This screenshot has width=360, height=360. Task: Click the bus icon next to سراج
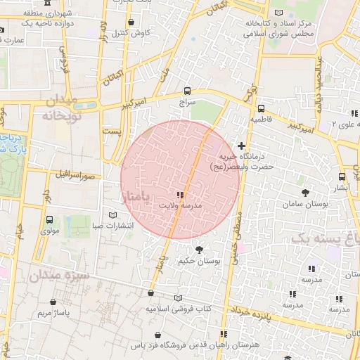coord(187,91)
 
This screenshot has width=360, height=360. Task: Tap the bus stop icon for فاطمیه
coord(261,109)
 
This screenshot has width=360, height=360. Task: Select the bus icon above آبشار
coord(341,176)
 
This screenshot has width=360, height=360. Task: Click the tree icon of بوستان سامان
coord(304,192)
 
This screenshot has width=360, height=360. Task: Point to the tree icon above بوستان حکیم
coord(199,250)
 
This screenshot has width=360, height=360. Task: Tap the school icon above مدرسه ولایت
coord(180,195)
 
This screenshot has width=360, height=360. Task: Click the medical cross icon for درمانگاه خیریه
coord(241,145)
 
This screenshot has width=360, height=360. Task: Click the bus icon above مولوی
coord(49,219)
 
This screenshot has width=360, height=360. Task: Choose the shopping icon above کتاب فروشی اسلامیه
coord(150,293)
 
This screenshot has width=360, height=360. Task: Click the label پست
coord(110,131)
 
